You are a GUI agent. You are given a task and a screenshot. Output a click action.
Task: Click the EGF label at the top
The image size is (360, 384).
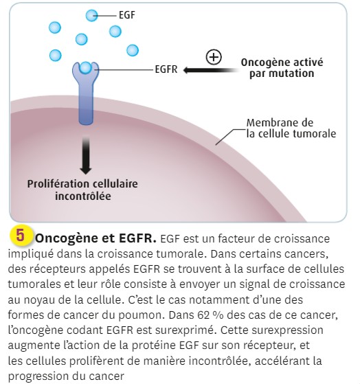(127, 15)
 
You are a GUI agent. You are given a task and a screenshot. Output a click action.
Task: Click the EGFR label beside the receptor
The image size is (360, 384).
(166, 69)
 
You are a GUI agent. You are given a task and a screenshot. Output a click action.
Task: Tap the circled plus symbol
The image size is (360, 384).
(214, 57)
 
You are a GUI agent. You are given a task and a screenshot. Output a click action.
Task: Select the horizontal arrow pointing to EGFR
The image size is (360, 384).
(211, 70)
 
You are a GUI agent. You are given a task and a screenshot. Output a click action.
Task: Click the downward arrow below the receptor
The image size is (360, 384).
(86, 156)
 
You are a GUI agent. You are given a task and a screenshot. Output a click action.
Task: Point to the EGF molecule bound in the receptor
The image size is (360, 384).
(86, 68)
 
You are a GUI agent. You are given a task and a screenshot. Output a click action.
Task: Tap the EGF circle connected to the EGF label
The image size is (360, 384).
(92, 16)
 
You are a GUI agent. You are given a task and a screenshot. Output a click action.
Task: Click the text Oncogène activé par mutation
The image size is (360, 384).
(282, 68)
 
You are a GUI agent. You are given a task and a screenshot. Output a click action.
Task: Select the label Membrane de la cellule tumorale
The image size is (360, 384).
(291, 128)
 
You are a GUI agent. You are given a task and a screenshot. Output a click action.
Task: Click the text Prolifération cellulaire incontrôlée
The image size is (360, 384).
(82, 190)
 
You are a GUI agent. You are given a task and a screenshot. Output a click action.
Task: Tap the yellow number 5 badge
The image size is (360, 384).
(21, 236)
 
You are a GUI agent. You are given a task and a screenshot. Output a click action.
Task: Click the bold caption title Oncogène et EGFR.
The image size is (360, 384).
(95, 238)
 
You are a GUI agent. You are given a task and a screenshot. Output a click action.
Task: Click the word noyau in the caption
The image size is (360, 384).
(38, 300)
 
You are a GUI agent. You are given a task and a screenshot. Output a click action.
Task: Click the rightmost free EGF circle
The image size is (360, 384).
(133, 50)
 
